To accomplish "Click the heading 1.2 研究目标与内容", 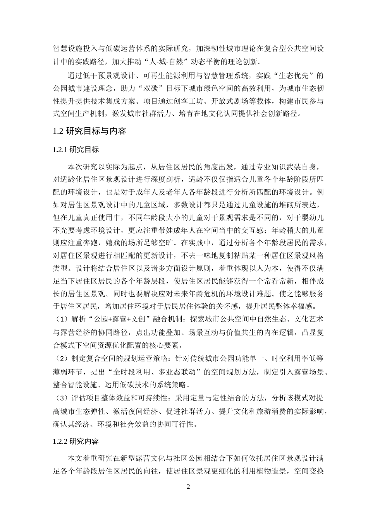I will (89, 131).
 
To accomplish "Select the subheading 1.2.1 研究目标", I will (76, 150).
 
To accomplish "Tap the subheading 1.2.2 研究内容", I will (76, 441).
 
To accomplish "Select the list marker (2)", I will (60, 359).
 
